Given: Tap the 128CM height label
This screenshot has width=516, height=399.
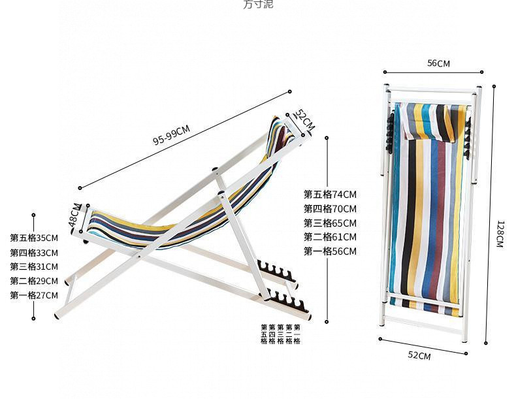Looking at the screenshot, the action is (500, 234).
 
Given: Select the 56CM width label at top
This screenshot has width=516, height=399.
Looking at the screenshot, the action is (438, 63).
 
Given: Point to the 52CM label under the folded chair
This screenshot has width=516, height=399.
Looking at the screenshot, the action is (419, 356).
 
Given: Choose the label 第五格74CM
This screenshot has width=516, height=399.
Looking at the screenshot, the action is (330, 194).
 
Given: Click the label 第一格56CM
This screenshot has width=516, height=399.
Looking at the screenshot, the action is (330, 251).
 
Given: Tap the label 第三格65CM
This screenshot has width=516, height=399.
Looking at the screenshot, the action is (330, 223).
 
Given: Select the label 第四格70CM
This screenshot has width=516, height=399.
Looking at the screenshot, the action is (330, 208).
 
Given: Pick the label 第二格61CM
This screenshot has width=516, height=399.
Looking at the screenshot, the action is (330, 237).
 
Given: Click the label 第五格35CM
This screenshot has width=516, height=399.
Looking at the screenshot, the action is (34, 238).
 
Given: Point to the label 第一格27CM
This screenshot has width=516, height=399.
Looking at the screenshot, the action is (34, 295).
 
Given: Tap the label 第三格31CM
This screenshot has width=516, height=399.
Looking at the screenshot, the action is (34, 266).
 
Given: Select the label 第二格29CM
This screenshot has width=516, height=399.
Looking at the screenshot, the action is (34, 281).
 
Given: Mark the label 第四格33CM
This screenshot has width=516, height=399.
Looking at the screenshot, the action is (34, 253).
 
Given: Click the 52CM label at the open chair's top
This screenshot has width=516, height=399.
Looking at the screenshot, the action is (304, 121).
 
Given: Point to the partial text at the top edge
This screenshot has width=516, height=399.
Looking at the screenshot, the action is (258, 4).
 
